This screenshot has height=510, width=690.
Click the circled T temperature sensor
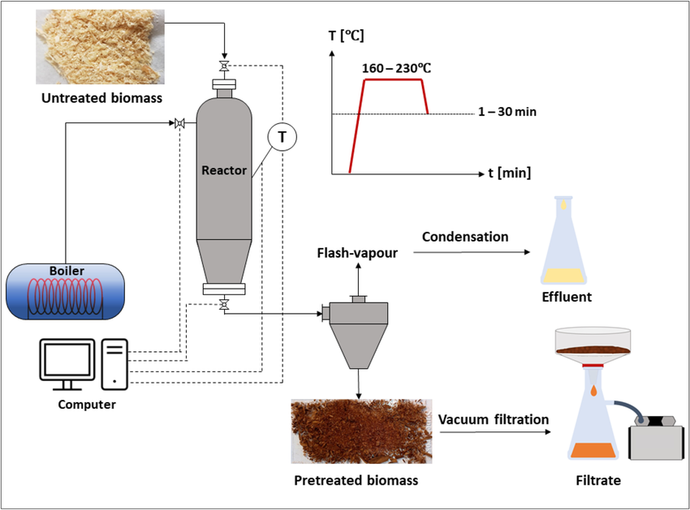pos(282,138)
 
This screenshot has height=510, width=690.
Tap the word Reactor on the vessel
pos(225,170)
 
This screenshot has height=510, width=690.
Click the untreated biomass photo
pos(100,46)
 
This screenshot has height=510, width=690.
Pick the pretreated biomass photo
pos(354,431)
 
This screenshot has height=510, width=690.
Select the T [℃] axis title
pos(345,35)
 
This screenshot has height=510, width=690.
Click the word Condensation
pos(465,237)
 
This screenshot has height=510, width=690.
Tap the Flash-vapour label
pos(357,253)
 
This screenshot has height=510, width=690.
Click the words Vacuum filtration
pos(493,419)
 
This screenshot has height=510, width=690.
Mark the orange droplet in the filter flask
pos(596,392)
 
